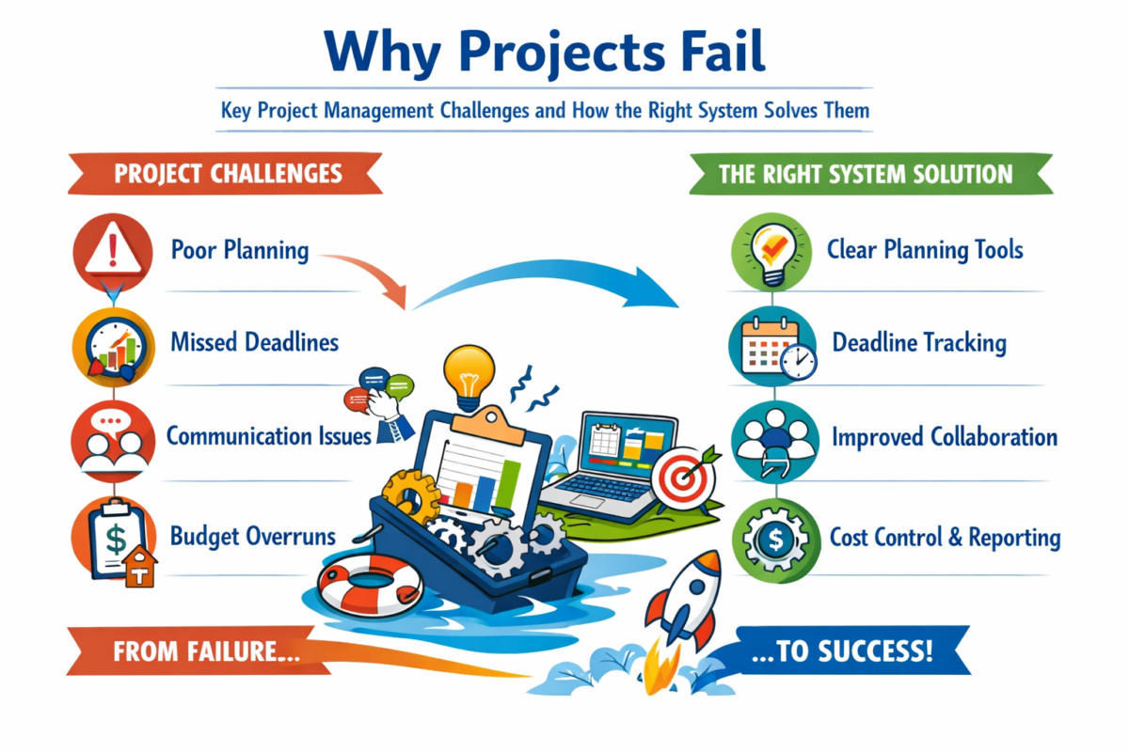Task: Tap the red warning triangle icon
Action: point(112,251)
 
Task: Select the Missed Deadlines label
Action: point(254,342)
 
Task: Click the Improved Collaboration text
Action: point(945,437)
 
